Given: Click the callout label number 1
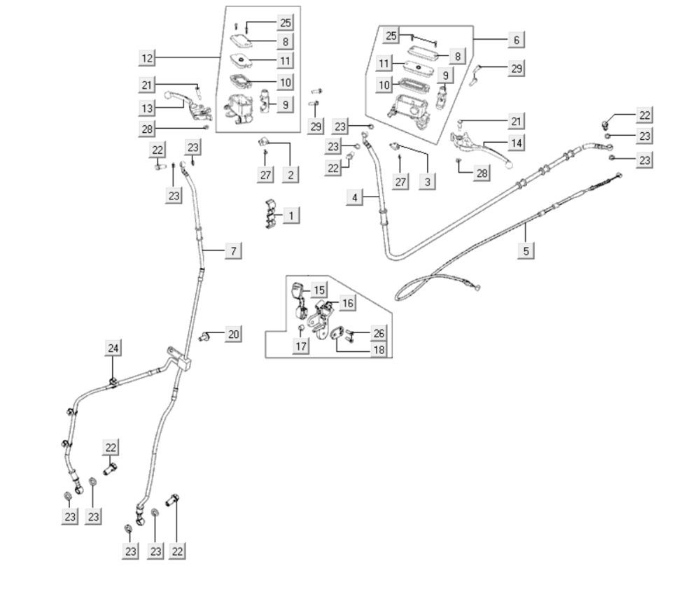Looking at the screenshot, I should pyautogui.click(x=290, y=215).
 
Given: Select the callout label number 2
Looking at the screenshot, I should pyautogui.click(x=290, y=174).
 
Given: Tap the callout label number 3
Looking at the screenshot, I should pyautogui.click(x=428, y=181).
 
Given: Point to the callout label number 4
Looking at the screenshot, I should pyautogui.click(x=355, y=197).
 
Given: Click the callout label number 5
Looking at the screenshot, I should pyautogui.click(x=527, y=249).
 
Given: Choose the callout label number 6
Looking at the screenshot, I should pyautogui.click(x=517, y=40).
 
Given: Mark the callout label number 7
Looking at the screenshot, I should pyautogui.click(x=234, y=250).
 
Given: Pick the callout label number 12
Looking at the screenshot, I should pyautogui.click(x=146, y=58).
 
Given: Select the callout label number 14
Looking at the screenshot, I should pyautogui.click(x=517, y=143).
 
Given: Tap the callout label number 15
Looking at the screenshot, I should pyautogui.click(x=319, y=290).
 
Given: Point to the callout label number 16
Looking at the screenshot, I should pyautogui.click(x=348, y=303).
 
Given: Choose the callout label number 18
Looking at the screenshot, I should pyautogui.click(x=379, y=349).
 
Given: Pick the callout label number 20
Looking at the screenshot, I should pyautogui.click(x=233, y=334).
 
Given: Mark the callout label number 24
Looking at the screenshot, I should pyautogui.click(x=113, y=347).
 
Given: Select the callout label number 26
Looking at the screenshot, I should pyautogui.click(x=379, y=334).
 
